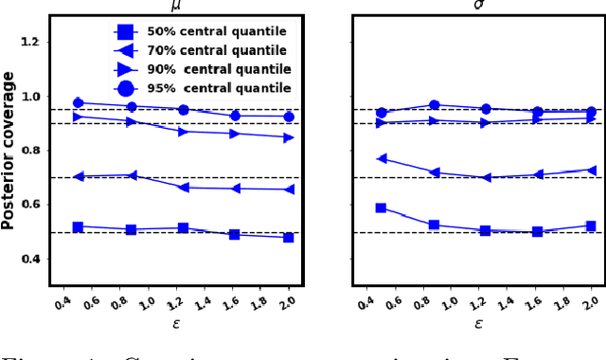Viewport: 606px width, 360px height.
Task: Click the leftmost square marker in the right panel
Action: [x=381, y=207]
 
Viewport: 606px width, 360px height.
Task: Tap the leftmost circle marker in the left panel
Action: [x=78, y=103]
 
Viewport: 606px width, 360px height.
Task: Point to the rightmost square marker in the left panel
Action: [x=288, y=237]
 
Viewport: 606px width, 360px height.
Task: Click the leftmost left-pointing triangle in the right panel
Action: [x=381, y=158]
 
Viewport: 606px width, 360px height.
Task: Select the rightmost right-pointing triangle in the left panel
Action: [x=288, y=137]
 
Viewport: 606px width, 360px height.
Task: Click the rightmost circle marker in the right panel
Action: [x=591, y=111]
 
